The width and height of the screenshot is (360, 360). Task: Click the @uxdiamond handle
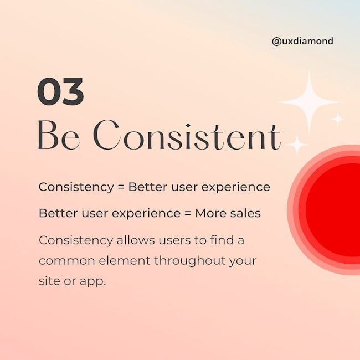(302, 42)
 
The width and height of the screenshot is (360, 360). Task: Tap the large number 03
(60, 91)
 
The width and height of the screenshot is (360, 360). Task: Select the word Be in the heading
(59, 135)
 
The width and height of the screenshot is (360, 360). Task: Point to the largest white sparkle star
(309, 102)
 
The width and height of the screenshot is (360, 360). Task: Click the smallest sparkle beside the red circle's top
(338, 119)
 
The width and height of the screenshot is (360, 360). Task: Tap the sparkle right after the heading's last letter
(297, 145)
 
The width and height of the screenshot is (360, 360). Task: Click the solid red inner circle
(333, 210)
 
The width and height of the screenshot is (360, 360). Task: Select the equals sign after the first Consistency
(121, 187)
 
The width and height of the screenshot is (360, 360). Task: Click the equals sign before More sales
(188, 213)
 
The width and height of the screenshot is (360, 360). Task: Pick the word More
(211, 213)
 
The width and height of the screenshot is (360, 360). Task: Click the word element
(124, 261)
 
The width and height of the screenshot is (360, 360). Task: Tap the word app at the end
(92, 282)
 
